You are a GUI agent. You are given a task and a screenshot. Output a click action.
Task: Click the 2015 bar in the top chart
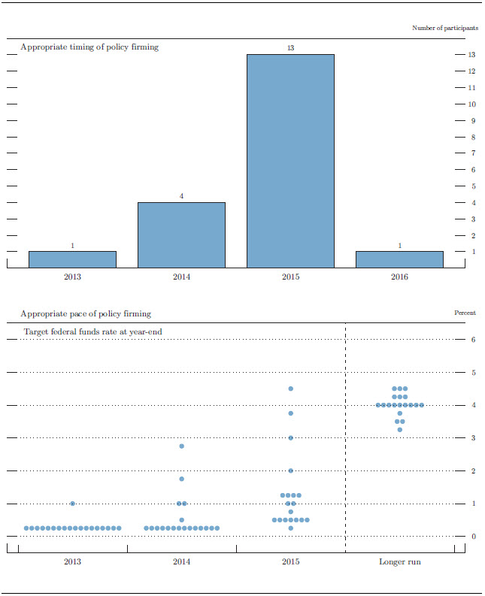(290, 161)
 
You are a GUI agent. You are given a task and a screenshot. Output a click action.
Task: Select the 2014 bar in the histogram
(181, 234)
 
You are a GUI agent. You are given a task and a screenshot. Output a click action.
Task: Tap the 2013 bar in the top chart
(72, 259)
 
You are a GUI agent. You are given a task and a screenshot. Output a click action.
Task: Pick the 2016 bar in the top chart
(399, 259)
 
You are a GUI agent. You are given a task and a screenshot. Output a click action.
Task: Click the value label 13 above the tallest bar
(290, 48)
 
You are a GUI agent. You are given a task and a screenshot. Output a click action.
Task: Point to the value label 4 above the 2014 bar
(181, 196)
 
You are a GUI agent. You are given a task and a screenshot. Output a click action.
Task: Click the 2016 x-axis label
(399, 278)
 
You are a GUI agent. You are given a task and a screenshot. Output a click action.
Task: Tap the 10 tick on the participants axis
(471, 104)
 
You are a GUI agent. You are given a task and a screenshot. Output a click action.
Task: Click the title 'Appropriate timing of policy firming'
(89, 47)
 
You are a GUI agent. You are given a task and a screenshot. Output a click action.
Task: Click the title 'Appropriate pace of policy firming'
(86, 313)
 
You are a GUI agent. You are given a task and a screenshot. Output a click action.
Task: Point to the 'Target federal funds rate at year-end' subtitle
(93, 331)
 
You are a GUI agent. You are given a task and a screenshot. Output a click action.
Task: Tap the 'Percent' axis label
(465, 313)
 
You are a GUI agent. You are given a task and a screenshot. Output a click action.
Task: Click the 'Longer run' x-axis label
(399, 561)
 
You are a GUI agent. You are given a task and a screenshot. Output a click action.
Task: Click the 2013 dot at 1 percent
(72, 504)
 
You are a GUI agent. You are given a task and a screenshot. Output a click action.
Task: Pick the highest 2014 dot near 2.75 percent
(181, 446)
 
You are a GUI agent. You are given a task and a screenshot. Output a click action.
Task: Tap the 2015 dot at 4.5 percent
(290, 389)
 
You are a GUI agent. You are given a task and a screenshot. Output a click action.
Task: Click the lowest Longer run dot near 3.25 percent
(399, 430)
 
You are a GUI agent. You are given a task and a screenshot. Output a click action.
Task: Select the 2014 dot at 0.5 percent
(181, 520)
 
